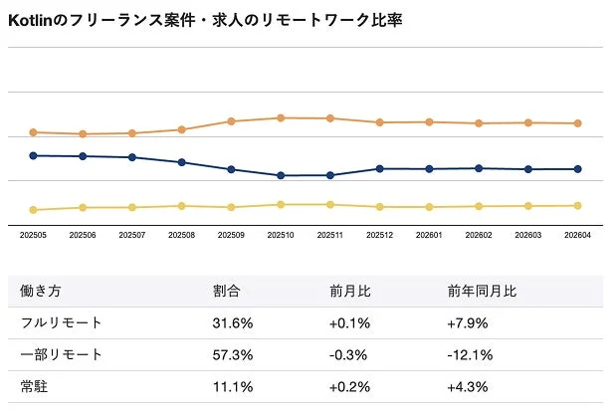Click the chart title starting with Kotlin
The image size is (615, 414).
(x=205, y=20)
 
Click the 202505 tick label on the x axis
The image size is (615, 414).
(x=33, y=235)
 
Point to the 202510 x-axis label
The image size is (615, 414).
(x=281, y=235)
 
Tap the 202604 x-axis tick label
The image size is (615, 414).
(x=577, y=235)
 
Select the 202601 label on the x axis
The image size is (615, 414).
(x=429, y=235)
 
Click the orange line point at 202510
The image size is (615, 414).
(x=281, y=117)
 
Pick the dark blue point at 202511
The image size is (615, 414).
(x=330, y=175)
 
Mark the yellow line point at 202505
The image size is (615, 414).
(x=33, y=210)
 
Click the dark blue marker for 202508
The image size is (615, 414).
(x=181, y=162)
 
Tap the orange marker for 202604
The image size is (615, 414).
(x=577, y=123)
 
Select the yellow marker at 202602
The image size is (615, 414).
(x=479, y=206)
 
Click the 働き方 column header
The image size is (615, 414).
(x=40, y=292)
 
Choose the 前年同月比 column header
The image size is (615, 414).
(x=482, y=292)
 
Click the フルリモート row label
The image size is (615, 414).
(x=61, y=323)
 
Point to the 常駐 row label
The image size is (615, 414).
(x=33, y=386)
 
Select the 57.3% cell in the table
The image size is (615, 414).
(x=233, y=355)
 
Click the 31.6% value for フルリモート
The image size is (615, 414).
(x=233, y=323)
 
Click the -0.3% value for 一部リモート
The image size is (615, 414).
(x=348, y=355)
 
